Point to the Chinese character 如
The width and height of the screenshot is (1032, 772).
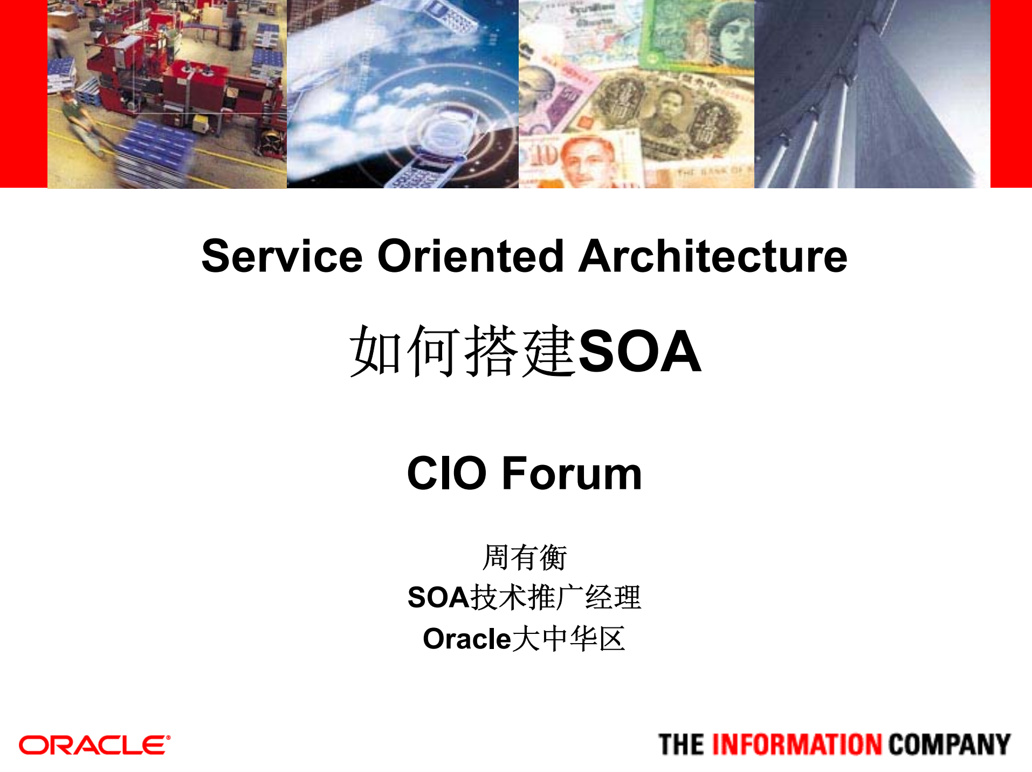(376, 352)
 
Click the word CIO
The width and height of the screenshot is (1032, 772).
(447, 473)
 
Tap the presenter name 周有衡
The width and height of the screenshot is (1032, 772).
(524, 557)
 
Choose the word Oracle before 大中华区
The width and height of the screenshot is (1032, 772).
(466, 639)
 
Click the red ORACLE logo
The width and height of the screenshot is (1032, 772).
(94, 745)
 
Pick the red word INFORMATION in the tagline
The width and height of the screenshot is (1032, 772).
(797, 744)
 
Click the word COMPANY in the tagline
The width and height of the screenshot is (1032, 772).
(949, 744)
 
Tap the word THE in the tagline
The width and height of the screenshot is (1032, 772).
(681, 744)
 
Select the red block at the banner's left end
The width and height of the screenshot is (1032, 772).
(23, 94)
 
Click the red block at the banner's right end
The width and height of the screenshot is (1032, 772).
(1011, 94)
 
